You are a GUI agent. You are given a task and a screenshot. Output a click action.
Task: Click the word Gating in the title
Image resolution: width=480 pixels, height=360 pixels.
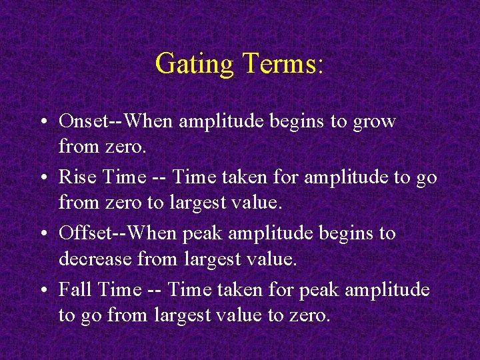[x=194, y=64]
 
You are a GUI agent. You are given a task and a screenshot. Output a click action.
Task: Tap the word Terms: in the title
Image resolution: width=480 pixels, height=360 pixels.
[x=283, y=64]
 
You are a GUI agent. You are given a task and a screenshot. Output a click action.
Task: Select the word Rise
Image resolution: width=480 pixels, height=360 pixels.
[x=75, y=177]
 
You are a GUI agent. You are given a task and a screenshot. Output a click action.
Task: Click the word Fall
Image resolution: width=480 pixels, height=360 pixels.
[x=74, y=289]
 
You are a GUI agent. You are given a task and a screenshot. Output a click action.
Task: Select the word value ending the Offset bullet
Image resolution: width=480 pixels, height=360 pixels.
[x=273, y=258]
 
